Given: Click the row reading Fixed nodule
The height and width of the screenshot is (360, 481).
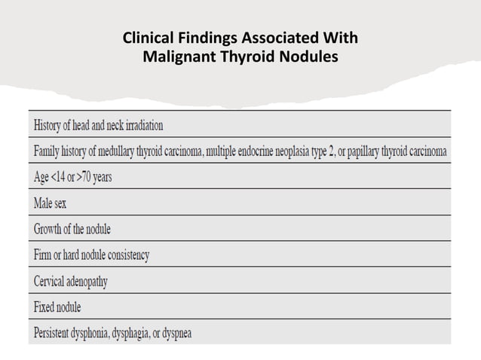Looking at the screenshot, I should (57, 307).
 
